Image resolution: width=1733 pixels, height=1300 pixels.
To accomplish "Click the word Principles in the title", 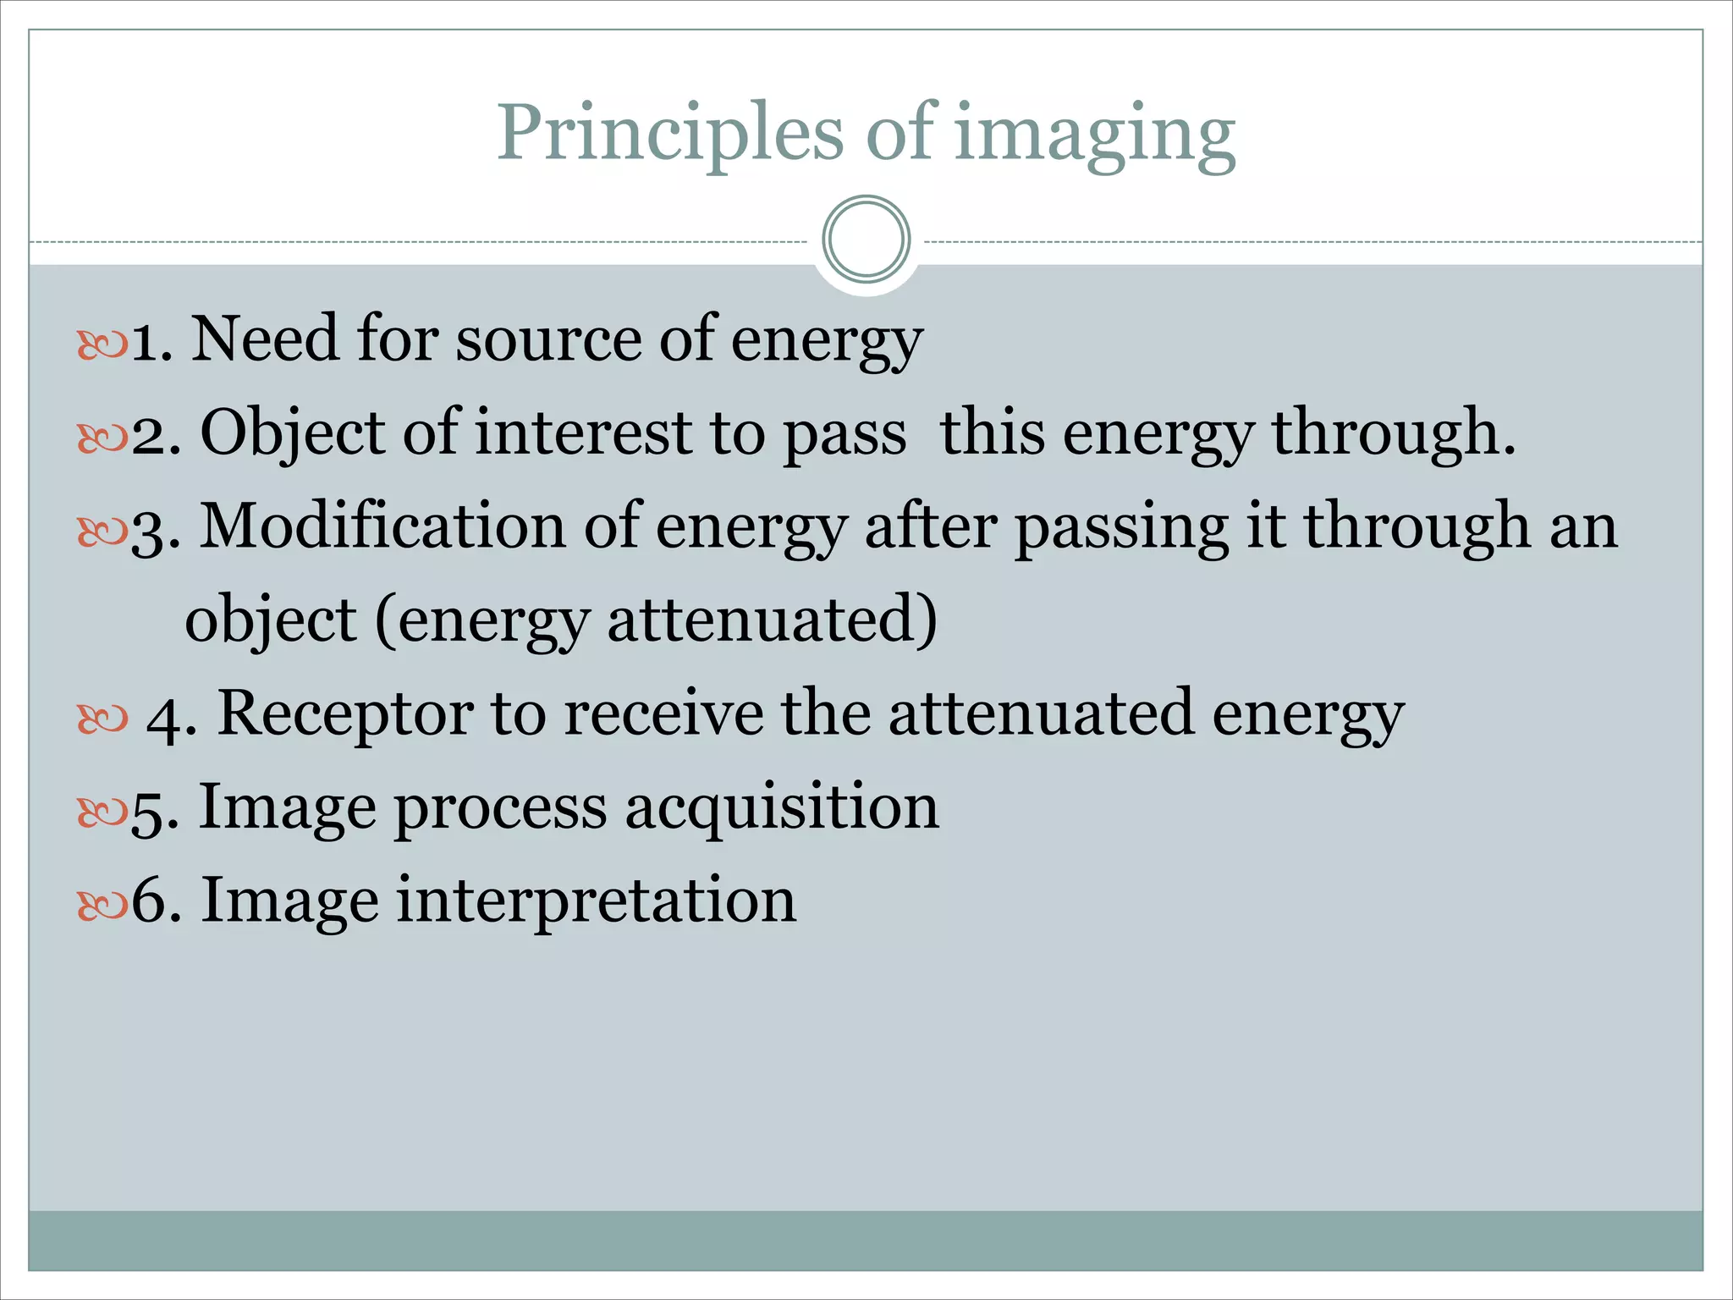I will coord(669,133).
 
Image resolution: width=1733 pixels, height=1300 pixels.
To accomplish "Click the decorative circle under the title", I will coord(866,240).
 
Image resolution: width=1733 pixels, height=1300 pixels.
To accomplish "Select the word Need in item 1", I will coord(264,339).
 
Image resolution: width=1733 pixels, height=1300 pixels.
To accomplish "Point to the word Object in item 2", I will coord(292,433).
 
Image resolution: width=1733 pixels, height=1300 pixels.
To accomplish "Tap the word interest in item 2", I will coord(583,433).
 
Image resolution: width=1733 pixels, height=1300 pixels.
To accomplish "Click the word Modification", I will coord(382,526).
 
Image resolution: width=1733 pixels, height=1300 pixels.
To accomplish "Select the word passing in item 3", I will coord(1121,528).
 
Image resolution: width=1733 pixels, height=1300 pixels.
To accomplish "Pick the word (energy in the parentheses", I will coord(481,621).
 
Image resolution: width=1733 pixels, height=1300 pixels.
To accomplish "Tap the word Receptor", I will coord(345,714).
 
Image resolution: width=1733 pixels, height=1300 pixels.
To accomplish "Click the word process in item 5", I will coord(500,808).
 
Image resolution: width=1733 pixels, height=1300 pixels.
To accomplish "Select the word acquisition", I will coord(782,807).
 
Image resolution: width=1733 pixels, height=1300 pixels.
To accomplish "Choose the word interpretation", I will coord(596,901).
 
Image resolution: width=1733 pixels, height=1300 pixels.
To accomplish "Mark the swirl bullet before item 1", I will coord(102,344).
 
